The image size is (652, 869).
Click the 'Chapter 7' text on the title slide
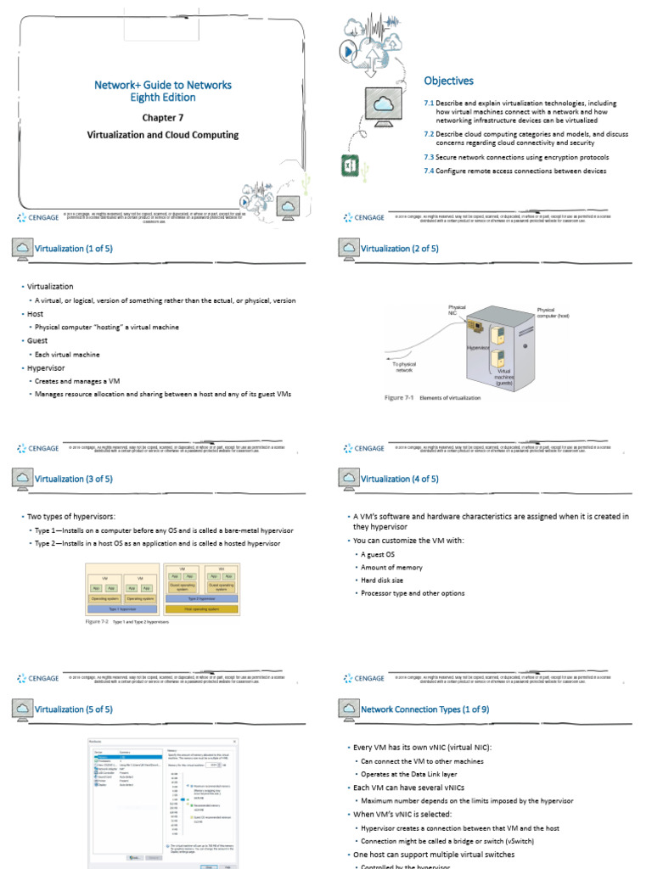[162, 118]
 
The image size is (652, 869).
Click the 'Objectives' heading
[448, 81]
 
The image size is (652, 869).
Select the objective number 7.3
[429, 157]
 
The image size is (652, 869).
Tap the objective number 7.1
[429, 104]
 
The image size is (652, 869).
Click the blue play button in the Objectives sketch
[348, 51]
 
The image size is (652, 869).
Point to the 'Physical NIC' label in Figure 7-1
[458, 310]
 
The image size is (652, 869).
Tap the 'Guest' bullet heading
[39, 341]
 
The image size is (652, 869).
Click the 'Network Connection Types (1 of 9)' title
[424, 709]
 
